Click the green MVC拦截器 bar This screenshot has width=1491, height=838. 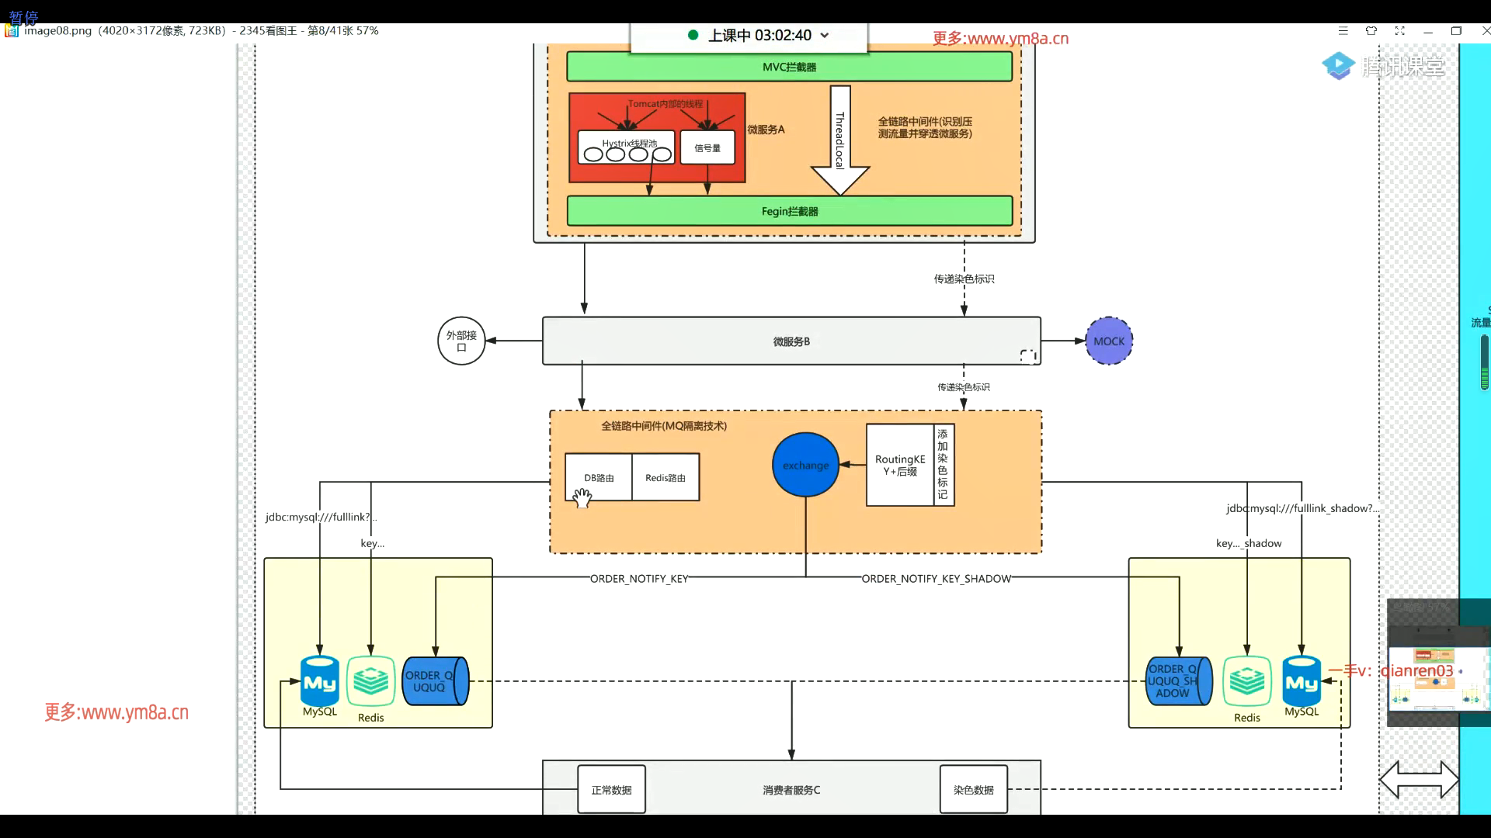click(x=789, y=67)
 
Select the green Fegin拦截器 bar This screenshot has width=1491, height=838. click(x=789, y=211)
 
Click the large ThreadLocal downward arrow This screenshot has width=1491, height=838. click(x=839, y=140)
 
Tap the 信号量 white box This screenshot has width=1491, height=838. click(x=707, y=147)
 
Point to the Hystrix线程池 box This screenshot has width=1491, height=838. click(x=626, y=147)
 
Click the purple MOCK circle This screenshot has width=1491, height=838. click(x=1109, y=341)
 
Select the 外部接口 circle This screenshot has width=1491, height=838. click(x=461, y=341)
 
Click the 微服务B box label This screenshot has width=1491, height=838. click(x=791, y=341)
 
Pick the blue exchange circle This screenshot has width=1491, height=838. click(x=805, y=465)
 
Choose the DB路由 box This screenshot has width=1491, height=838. click(x=599, y=478)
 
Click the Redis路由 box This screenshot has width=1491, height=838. click(x=666, y=478)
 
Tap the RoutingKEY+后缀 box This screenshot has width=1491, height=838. click(x=900, y=466)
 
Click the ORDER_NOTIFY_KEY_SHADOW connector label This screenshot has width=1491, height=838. click(x=936, y=579)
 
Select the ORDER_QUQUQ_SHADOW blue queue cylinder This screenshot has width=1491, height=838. click(x=1178, y=680)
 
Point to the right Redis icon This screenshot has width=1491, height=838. click(x=1247, y=681)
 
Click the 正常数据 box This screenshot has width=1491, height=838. click(x=611, y=790)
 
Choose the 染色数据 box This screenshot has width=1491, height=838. click(x=973, y=790)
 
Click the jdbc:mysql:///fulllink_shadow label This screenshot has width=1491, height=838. click(x=1302, y=509)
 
